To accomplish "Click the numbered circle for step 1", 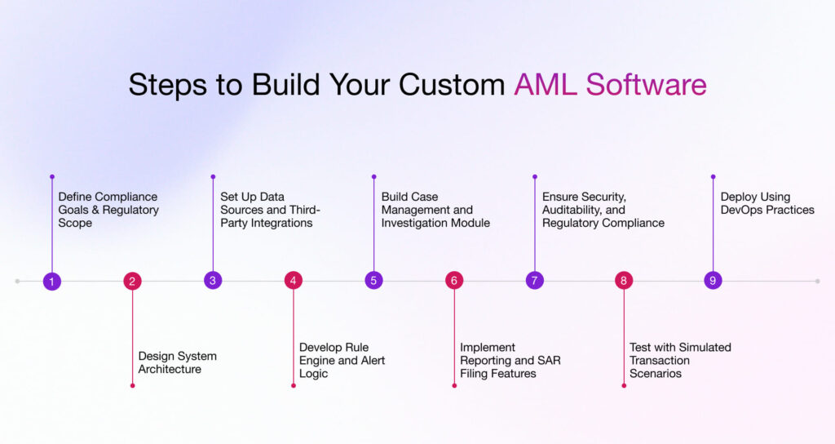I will click(x=51, y=281).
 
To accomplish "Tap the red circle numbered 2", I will click(x=132, y=281).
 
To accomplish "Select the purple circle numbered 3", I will click(x=213, y=281).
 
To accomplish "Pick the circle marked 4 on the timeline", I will click(x=294, y=281).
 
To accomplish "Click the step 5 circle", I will click(x=373, y=281).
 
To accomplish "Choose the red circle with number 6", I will click(x=454, y=281).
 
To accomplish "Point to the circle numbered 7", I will click(x=535, y=281).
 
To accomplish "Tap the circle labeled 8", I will click(x=624, y=281).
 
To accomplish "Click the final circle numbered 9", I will click(x=713, y=281).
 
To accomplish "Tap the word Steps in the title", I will click(x=166, y=85).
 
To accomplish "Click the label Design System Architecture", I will click(x=177, y=362).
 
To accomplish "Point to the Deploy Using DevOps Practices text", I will click(x=767, y=203).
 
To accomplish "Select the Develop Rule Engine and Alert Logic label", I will click(x=342, y=360).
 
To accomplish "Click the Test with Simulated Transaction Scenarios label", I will click(x=679, y=360).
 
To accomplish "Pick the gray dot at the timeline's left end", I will click(x=17, y=281).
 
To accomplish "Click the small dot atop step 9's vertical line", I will click(x=713, y=176).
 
